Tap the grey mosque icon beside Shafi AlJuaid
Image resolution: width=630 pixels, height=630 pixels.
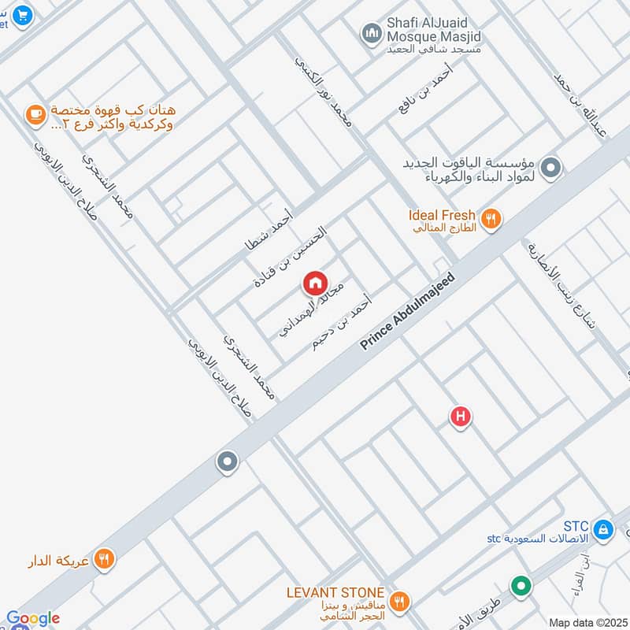click(x=371, y=33)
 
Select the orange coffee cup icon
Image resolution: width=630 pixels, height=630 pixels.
click(x=35, y=115)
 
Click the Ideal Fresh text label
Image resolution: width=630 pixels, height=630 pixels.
click(x=442, y=215)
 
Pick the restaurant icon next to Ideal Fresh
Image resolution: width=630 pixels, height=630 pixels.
click(x=491, y=219)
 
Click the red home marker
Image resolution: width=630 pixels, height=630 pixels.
click(x=315, y=283)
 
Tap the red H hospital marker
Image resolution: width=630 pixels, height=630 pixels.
click(x=461, y=417)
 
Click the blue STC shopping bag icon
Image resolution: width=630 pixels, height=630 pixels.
click(x=603, y=528)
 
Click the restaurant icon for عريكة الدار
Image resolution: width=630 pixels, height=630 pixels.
click(x=103, y=559)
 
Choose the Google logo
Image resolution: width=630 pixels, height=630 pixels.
click(x=32, y=619)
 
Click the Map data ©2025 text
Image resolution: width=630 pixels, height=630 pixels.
click(x=587, y=622)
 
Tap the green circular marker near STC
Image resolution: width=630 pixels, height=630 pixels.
click(x=520, y=586)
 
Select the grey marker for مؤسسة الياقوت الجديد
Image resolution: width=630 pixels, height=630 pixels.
click(x=552, y=167)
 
